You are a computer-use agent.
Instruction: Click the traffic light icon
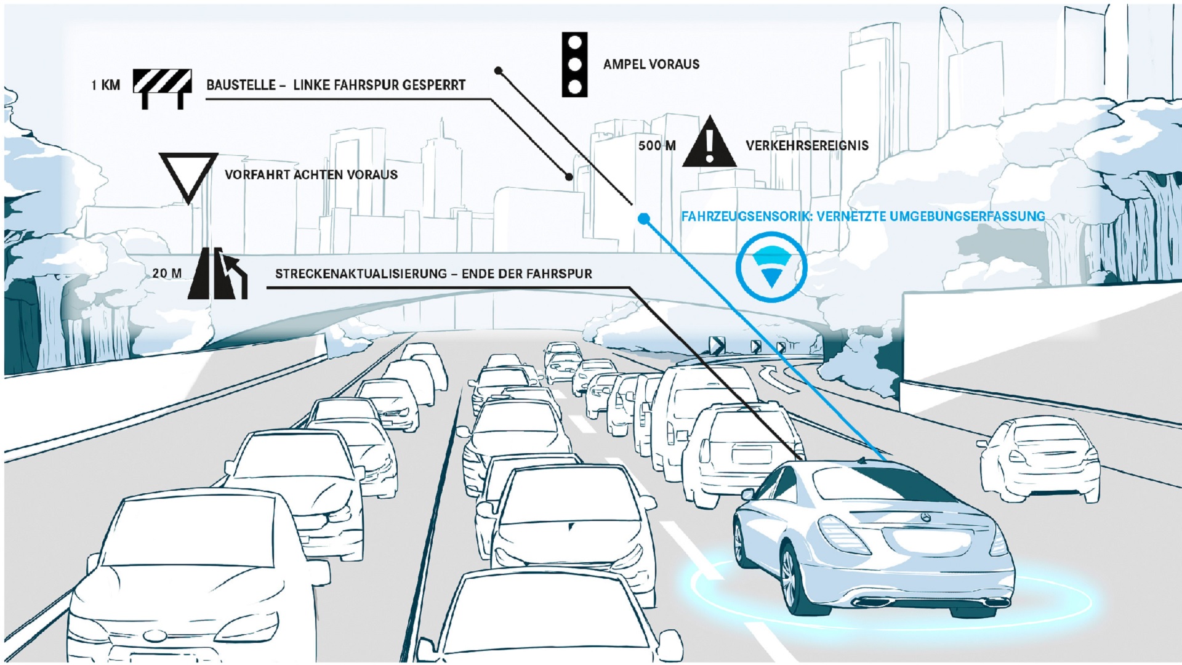point(574,65)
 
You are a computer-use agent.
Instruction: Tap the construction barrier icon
point(163,88)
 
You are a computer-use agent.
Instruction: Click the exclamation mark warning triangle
point(709,143)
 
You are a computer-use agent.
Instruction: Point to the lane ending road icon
point(217,274)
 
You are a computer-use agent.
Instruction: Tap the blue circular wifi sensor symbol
point(771,267)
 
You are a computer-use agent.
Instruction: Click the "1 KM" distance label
point(105,85)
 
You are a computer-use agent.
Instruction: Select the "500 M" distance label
point(657,146)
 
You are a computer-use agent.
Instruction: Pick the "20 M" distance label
point(167,273)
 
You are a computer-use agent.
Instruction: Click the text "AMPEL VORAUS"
point(651,64)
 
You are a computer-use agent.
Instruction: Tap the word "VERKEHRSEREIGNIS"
point(806,146)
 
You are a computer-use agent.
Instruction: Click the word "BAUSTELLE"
point(241,85)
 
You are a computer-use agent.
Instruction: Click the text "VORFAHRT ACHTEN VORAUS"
point(311,175)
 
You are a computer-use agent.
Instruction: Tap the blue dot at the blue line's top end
point(643,219)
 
